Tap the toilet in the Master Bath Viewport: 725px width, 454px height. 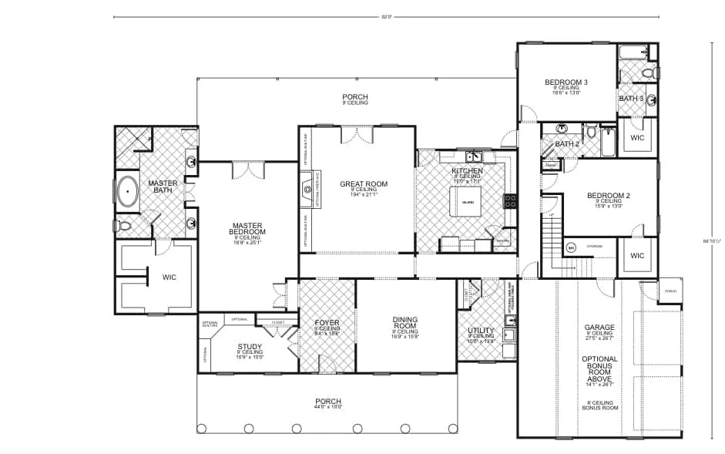click(x=121, y=227)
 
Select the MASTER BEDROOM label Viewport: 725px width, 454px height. click(x=248, y=230)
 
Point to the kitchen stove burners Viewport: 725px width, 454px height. click(x=509, y=201)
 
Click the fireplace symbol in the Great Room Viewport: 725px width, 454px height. click(x=307, y=187)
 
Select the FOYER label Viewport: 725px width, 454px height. click(x=327, y=324)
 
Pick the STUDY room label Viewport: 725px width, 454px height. click(x=249, y=347)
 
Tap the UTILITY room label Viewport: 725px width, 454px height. click(x=482, y=331)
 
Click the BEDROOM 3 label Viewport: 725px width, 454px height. click(x=566, y=82)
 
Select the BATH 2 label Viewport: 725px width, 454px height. click(x=567, y=144)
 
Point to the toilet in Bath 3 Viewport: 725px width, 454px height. click(x=648, y=74)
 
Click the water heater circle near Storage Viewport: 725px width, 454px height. click(x=571, y=247)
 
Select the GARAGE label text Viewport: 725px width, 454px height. click(x=599, y=328)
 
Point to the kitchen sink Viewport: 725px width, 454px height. click(x=467, y=157)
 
